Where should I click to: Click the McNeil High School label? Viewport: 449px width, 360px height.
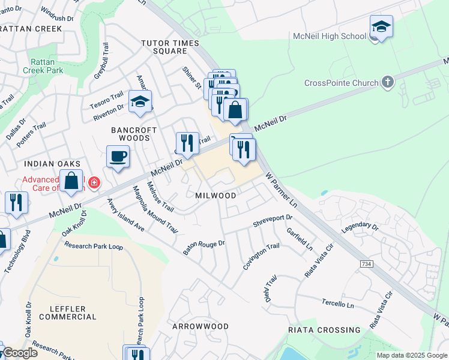click(329, 36)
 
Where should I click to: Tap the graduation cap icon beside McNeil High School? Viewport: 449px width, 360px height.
click(381, 27)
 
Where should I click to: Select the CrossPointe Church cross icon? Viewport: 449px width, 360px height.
click(388, 82)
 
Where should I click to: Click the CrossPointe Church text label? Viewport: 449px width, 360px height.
click(341, 83)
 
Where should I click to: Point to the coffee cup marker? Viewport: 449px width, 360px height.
click(118, 157)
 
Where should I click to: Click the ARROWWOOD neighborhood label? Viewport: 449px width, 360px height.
click(200, 326)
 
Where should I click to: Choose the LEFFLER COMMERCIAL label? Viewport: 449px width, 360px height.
click(64, 313)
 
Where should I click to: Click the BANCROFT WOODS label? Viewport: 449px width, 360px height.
click(134, 134)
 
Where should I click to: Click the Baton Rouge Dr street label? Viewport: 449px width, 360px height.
click(203, 247)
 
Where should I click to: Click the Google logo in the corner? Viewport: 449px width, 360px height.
click(19, 353)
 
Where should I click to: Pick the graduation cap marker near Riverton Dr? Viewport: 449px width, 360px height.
click(140, 102)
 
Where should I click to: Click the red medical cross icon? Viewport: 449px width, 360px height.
click(94, 182)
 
